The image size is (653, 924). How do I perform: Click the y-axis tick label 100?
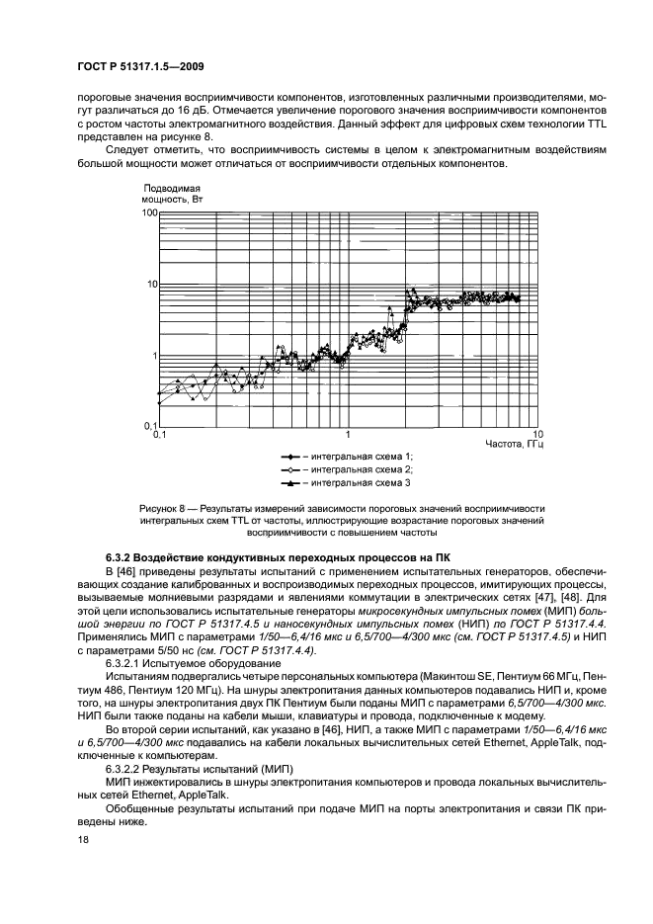pos(149,212)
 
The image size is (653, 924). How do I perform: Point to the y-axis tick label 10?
pos(152,285)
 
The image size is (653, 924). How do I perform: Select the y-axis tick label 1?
pos(155,356)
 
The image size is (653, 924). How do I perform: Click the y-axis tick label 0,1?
pos(150,427)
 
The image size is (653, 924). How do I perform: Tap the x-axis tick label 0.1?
pos(160,435)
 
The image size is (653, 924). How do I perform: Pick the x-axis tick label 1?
pos(348,435)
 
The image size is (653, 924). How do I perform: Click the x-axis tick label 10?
pos(537,435)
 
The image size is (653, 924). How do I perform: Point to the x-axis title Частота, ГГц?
pos(514,446)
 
